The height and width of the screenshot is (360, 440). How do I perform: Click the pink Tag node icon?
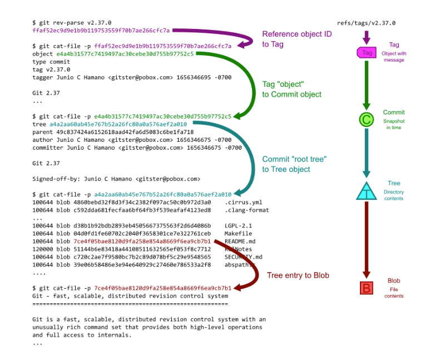pyautogui.click(x=366, y=52)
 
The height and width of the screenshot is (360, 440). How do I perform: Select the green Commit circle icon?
pyautogui.click(x=366, y=120)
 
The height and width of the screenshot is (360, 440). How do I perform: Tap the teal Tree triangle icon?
pyautogui.click(x=366, y=191)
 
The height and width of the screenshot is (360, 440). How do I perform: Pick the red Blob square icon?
pyautogui.click(x=366, y=288)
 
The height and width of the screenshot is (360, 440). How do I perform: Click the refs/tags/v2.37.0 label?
pyautogui.click(x=366, y=23)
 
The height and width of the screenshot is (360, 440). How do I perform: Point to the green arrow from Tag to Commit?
pyautogui.click(x=366, y=83)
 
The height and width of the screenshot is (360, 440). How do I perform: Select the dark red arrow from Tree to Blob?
pyautogui.click(x=366, y=239)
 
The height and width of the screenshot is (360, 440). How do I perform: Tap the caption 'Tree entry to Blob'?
pyautogui.click(x=298, y=275)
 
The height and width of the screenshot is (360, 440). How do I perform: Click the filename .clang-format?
pyautogui.click(x=246, y=210)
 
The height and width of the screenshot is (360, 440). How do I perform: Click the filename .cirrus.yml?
pyautogui.click(x=244, y=203)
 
